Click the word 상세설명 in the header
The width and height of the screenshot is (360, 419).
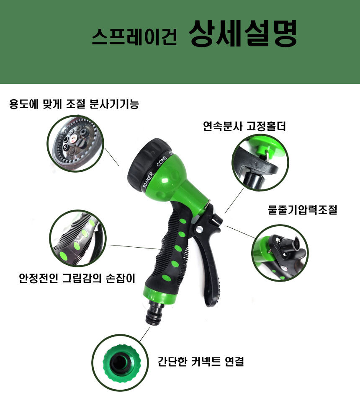point(243,34)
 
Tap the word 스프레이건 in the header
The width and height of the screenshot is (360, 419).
point(134,36)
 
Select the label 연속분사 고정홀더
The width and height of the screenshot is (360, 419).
point(244,126)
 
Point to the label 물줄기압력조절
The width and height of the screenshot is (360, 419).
point(302,209)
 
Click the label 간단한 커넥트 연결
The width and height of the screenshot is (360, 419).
point(201,362)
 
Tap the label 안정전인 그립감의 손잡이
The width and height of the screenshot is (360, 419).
point(77,278)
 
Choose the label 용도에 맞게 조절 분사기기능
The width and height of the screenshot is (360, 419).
point(74,103)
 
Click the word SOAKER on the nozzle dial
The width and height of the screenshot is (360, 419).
point(148,180)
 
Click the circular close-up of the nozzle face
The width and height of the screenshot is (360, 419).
point(75,143)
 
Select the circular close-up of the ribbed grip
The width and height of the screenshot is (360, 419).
point(78,238)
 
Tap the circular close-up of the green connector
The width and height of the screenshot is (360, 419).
point(120,362)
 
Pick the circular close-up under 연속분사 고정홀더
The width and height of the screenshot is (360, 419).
point(260,163)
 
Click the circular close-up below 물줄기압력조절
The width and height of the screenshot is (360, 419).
point(280,253)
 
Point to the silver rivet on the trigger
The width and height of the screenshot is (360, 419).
point(199,229)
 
